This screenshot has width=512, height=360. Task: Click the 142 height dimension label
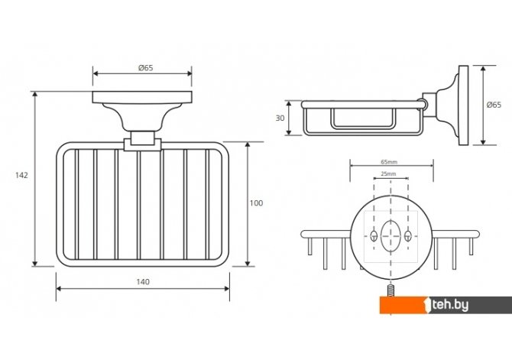pyautogui.click(x=21, y=176)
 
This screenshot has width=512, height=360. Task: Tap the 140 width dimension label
pyautogui.click(x=143, y=282)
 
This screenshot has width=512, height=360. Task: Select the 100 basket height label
pyautogui.click(x=256, y=203)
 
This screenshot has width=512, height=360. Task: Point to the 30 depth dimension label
pyautogui.click(x=280, y=118)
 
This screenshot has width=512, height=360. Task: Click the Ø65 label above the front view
pyautogui.click(x=146, y=68)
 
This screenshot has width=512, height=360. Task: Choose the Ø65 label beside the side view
pyautogui.click(x=494, y=105)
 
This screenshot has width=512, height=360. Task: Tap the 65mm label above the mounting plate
pyautogui.click(x=389, y=162)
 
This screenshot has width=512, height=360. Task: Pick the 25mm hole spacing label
pyautogui.click(x=388, y=174)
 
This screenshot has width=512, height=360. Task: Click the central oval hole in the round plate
pyautogui.click(x=390, y=236)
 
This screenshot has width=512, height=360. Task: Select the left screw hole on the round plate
pyautogui.click(x=374, y=236)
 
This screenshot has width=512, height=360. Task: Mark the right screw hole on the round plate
pyautogui.click(x=408, y=236)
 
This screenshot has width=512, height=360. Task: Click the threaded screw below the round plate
pyautogui.click(x=390, y=290)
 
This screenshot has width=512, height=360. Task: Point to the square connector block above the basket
pyautogui.click(x=142, y=138)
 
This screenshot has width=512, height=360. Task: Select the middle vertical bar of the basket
pyautogui.click(x=139, y=205)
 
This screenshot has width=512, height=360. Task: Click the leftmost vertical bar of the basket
pyautogui.click(x=76, y=204)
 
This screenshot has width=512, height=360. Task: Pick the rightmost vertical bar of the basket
pyautogui.click(x=207, y=204)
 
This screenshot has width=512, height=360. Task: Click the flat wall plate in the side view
pyautogui.click(x=463, y=105)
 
